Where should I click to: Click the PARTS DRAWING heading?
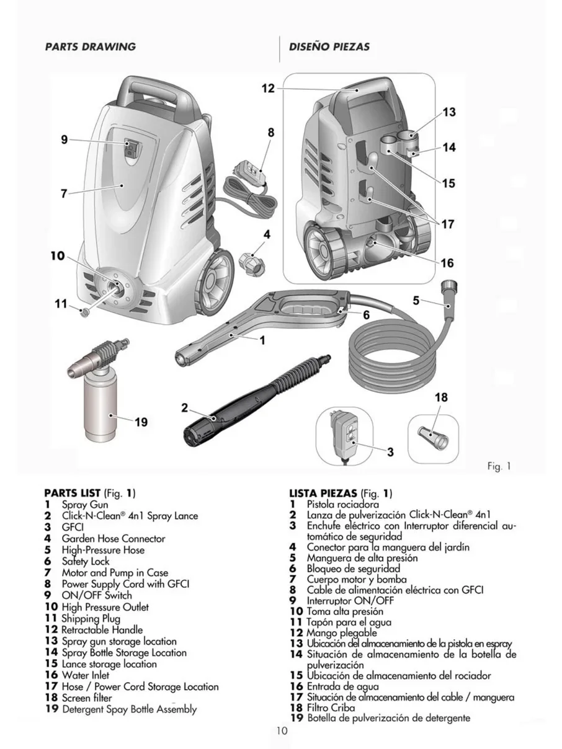[90, 47]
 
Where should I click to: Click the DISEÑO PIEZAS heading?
[329, 47]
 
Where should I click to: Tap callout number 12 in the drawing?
[267, 88]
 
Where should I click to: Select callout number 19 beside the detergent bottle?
[141, 422]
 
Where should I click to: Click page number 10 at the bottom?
[282, 731]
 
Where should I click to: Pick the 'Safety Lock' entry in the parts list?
[85, 561]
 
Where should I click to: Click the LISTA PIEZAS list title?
[323, 494]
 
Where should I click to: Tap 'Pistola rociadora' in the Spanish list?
[342, 505]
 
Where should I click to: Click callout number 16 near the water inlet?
[447, 264]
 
